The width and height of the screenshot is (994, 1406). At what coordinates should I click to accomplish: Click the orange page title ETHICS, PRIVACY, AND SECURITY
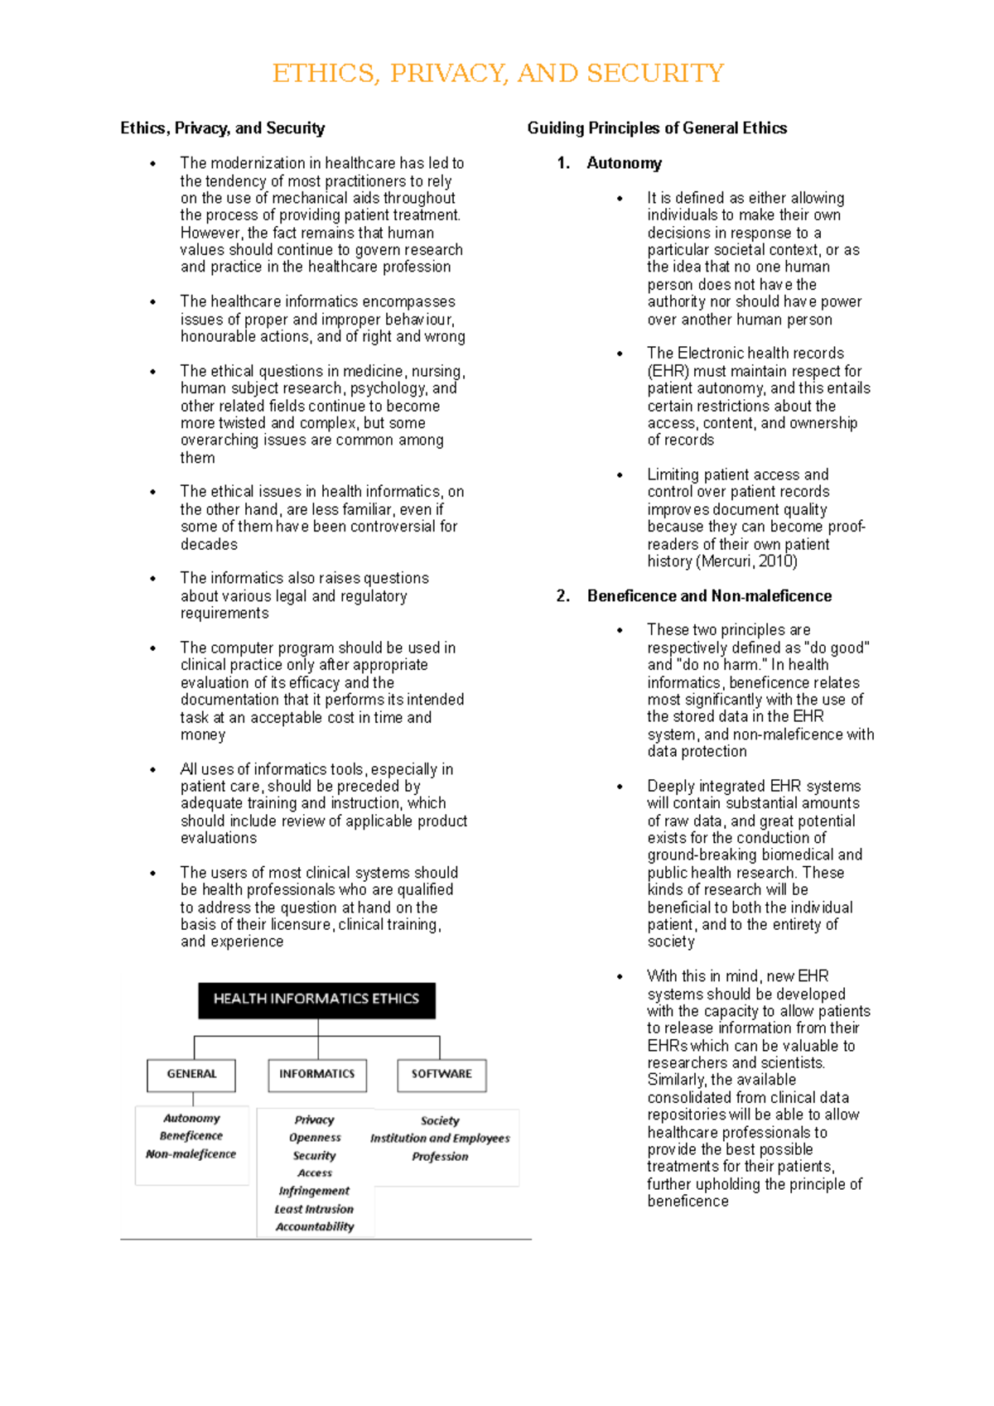click(498, 74)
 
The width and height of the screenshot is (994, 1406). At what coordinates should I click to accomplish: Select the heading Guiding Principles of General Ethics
click(657, 128)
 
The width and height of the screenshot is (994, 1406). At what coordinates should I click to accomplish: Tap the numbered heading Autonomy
click(624, 163)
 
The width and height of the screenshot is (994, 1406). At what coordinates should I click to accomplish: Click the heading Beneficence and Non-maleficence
click(709, 596)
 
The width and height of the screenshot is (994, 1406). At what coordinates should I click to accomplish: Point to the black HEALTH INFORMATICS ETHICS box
click(316, 999)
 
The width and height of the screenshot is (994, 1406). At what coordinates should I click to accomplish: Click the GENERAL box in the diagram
click(191, 1074)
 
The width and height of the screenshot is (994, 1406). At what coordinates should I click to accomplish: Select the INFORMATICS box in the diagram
click(316, 1074)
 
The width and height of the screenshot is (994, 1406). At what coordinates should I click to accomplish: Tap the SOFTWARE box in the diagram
click(442, 1074)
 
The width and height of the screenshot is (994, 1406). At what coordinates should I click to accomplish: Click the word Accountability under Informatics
click(315, 1227)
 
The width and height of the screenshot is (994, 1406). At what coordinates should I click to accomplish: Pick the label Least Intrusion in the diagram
click(314, 1209)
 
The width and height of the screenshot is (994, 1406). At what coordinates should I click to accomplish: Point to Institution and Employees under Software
click(440, 1139)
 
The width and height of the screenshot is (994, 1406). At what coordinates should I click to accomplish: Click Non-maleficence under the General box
click(191, 1154)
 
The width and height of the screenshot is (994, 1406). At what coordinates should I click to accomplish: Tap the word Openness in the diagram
click(315, 1138)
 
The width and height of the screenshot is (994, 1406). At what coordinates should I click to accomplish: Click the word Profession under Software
click(440, 1157)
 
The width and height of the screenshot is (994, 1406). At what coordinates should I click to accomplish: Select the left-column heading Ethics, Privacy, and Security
click(222, 128)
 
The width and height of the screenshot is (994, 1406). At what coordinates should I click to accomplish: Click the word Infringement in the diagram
click(314, 1192)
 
